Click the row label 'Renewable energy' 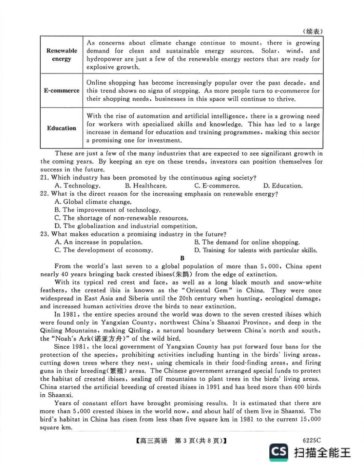[61, 55]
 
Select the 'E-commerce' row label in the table [61, 91]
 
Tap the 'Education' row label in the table [61, 128]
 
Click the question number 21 [45, 178]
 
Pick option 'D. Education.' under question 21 [283, 186]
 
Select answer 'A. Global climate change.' [93, 202]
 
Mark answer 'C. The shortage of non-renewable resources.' [121, 218]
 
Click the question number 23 [45, 234]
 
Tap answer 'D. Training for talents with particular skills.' [256, 250]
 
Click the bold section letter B [182, 258]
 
